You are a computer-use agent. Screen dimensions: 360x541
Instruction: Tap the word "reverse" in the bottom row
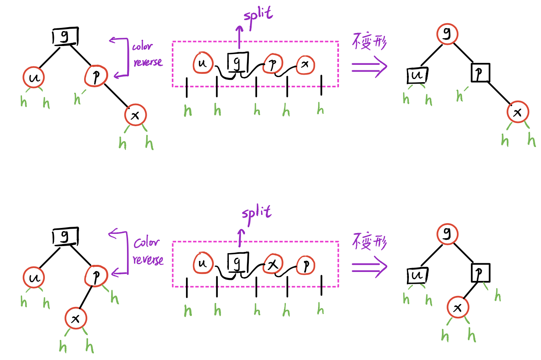pos(148,260)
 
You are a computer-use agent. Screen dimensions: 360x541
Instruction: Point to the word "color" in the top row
pos(142,46)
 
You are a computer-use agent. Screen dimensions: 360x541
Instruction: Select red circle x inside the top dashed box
pos(305,65)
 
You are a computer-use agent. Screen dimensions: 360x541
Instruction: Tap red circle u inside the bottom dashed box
pos(203,263)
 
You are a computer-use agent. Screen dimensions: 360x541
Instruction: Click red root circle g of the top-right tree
pos(447,33)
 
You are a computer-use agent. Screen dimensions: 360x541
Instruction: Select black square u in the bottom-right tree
pos(417,275)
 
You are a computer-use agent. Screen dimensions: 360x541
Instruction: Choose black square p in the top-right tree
pos(480,73)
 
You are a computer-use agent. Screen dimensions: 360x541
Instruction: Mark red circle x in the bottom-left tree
pos(75,318)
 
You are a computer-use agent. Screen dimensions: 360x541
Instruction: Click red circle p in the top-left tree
pos(96,75)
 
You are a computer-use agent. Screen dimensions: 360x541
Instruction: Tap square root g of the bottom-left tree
pos(65,237)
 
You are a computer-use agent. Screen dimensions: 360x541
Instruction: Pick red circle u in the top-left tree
pos(34,77)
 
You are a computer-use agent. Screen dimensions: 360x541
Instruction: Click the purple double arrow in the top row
pos(369,67)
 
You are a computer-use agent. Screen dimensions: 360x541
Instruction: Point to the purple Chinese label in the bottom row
pos(369,241)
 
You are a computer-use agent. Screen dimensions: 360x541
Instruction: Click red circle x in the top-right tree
pos(517,112)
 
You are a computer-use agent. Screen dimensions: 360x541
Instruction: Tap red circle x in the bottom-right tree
pos(458,307)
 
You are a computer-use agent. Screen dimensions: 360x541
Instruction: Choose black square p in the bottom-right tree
pos(480,273)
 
